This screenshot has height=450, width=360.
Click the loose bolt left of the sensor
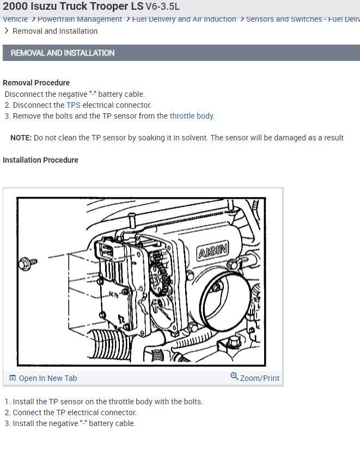click(x=27, y=262)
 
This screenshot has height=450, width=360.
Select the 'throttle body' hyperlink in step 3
click(x=191, y=116)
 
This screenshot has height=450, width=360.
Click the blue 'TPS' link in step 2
click(x=73, y=105)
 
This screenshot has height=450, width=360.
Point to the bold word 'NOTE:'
click(x=21, y=138)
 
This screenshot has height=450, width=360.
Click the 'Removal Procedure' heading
click(x=36, y=83)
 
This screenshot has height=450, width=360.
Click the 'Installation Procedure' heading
click(x=40, y=160)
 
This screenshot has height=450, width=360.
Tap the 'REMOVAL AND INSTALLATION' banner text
click(x=63, y=53)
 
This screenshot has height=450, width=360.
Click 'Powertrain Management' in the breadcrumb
click(x=80, y=19)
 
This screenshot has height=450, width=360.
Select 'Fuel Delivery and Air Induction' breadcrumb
click(x=184, y=19)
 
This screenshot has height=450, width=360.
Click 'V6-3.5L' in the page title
click(x=162, y=7)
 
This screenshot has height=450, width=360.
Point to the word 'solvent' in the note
click(x=193, y=138)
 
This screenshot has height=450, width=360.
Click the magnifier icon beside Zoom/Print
click(x=234, y=377)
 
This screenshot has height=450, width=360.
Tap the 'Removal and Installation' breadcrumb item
click(x=55, y=31)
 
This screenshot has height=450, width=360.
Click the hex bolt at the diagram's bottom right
click(x=234, y=342)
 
